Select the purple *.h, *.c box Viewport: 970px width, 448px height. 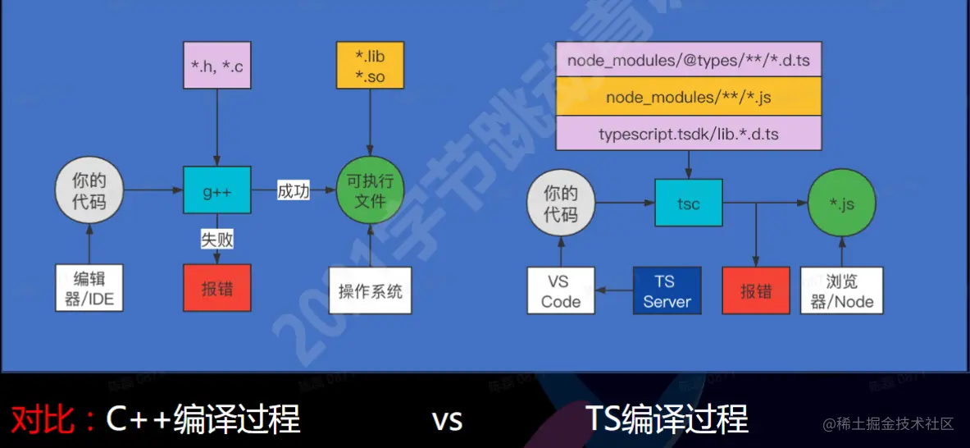(x=217, y=65)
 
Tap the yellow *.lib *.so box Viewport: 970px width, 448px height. (x=370, y=65)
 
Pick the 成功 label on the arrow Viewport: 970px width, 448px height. (x=294, y=191)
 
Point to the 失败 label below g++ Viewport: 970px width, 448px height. (x=217, y=239)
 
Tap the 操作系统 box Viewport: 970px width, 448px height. (x=370, y=290)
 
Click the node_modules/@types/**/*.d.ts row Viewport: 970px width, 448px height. (x=689, y=59)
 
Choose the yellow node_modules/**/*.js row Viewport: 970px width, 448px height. (x=689, y=96)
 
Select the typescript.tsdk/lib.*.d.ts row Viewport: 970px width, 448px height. (x=689, y=133)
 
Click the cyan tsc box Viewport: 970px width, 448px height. (x=689, y=203)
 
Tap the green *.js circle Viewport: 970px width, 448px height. (x=841, y=203)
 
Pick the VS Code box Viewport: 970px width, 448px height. (x=561, y=290)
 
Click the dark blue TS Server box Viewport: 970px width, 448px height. (x=667, y=290)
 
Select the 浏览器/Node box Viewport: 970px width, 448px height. (x=842, y=290)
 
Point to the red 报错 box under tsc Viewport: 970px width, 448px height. (x=756, y=290)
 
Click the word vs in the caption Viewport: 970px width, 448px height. (x=448, y=421)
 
